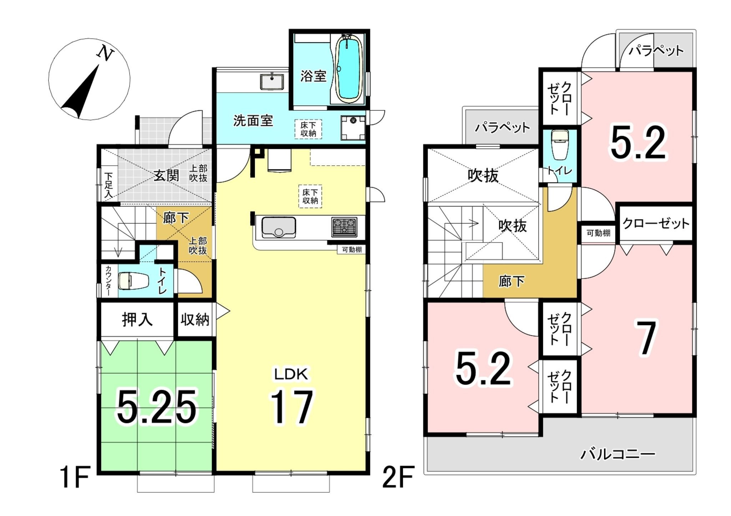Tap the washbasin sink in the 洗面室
(x=272, y=81)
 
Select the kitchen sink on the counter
(x=278, y=227)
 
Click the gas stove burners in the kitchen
(x=344, y=227)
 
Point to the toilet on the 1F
(x=133, y=280)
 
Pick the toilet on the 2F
(x=560, y=145)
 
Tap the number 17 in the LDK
(x=291, y=407)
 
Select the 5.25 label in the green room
(x=157, y=407)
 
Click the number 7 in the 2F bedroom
(x=646, y=338)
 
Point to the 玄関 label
(x=166, y=175)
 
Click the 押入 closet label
(x=137, y=319)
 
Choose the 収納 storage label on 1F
(x=195, y=319)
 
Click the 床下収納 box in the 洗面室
(x=308, y=129)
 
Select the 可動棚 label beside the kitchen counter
(x=352, y=250)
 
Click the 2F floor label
(x=398, y=477)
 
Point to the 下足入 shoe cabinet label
(x=109, y=185)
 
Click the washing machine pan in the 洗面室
(x=353, y=128)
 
